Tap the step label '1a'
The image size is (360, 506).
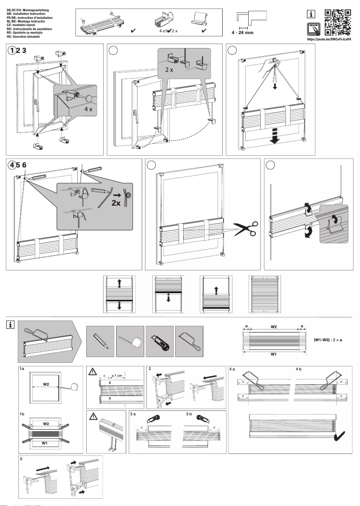(x=22, y=369)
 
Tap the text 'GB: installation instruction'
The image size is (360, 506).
(x=26, y=13)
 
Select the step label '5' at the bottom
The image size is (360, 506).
(x=21, y=459)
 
